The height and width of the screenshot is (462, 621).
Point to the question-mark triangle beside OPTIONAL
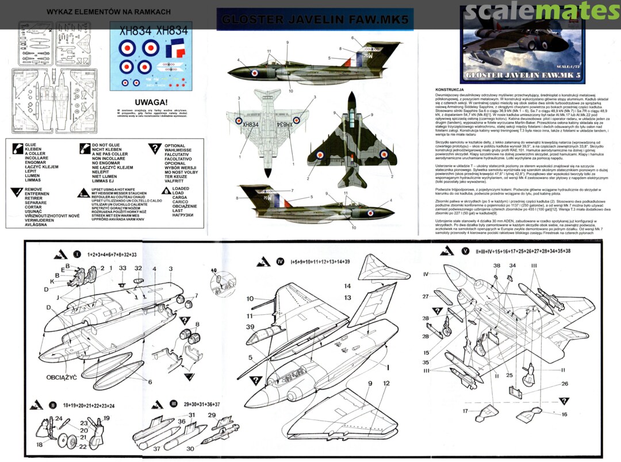pyautogui.click(x=154, y=149)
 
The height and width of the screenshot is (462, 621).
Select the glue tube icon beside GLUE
pyautogui.click(x=16, y=149)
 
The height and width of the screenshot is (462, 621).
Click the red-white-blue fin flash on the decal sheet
pyautogui.click(x=172, y=50)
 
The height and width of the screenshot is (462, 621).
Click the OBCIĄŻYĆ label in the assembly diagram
pyautogui.click(x=62, y=378)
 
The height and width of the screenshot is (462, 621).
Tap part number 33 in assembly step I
pyautogui.click(x=122, y=268)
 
